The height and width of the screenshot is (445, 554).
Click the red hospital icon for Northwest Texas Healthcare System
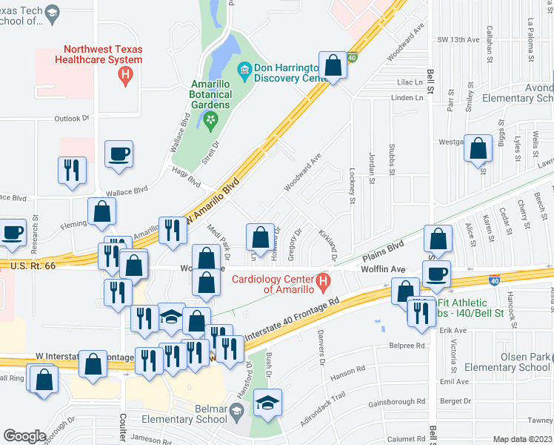pyautogui.click(x=126, y=75)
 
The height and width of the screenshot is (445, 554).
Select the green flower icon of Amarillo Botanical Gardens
pyautogui.click(x=211, y=119)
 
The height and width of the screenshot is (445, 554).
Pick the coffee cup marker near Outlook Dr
pyautogui.click(x=119, y=154)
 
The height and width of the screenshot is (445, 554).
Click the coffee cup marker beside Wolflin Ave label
pyautogui.click(x=437, y=274)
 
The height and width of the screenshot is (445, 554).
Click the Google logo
pyautogui.click(x=24, y=436)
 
